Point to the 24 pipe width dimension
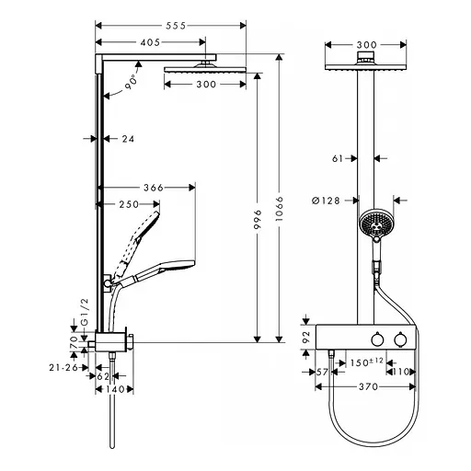[116, 139]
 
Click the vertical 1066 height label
[280, 213]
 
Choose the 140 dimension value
[114, 389]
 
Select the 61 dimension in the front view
[339, 158]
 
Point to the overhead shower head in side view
[190, 67]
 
